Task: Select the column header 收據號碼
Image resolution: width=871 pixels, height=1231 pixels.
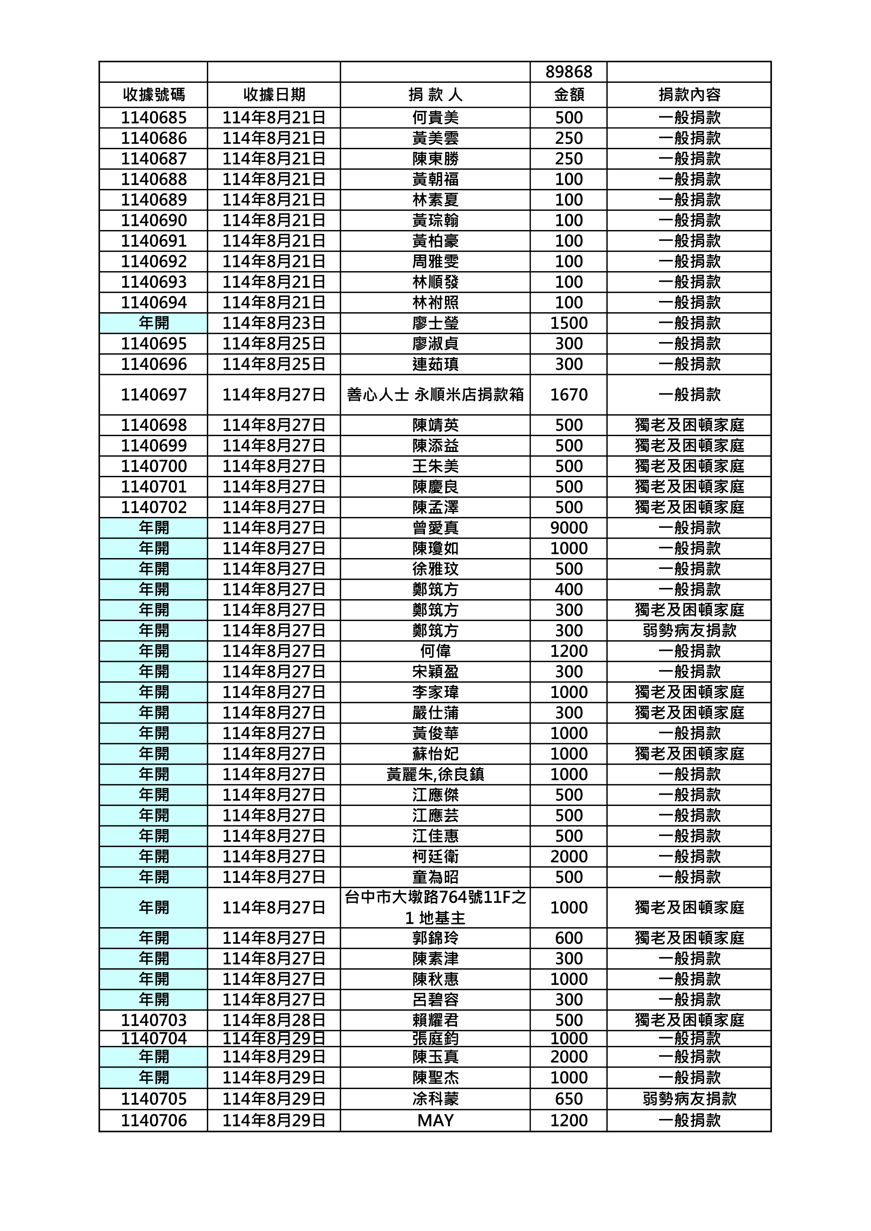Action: coord(153,95)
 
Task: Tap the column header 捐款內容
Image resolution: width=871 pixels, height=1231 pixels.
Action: coord(689,95)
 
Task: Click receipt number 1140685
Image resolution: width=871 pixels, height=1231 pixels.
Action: coord(153,117)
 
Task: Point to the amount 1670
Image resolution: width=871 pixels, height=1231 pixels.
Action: coord(569,395)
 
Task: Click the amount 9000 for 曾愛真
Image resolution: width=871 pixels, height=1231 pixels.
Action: coord(569,528)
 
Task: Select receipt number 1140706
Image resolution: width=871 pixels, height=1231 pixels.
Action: coord(153,1120)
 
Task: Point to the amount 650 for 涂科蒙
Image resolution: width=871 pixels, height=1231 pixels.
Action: coord(569,1099)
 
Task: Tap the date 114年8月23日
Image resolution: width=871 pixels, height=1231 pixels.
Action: coord(274,323)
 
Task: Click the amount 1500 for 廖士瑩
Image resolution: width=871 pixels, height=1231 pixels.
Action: coord(569,323)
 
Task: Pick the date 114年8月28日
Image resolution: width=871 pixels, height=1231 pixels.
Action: coord(274,1020)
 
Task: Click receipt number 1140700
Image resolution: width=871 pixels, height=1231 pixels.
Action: coord(153,466)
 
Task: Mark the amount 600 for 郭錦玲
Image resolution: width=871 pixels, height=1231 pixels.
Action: coord(569,938)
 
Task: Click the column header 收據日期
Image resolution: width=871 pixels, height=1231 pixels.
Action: coord(274,95)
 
